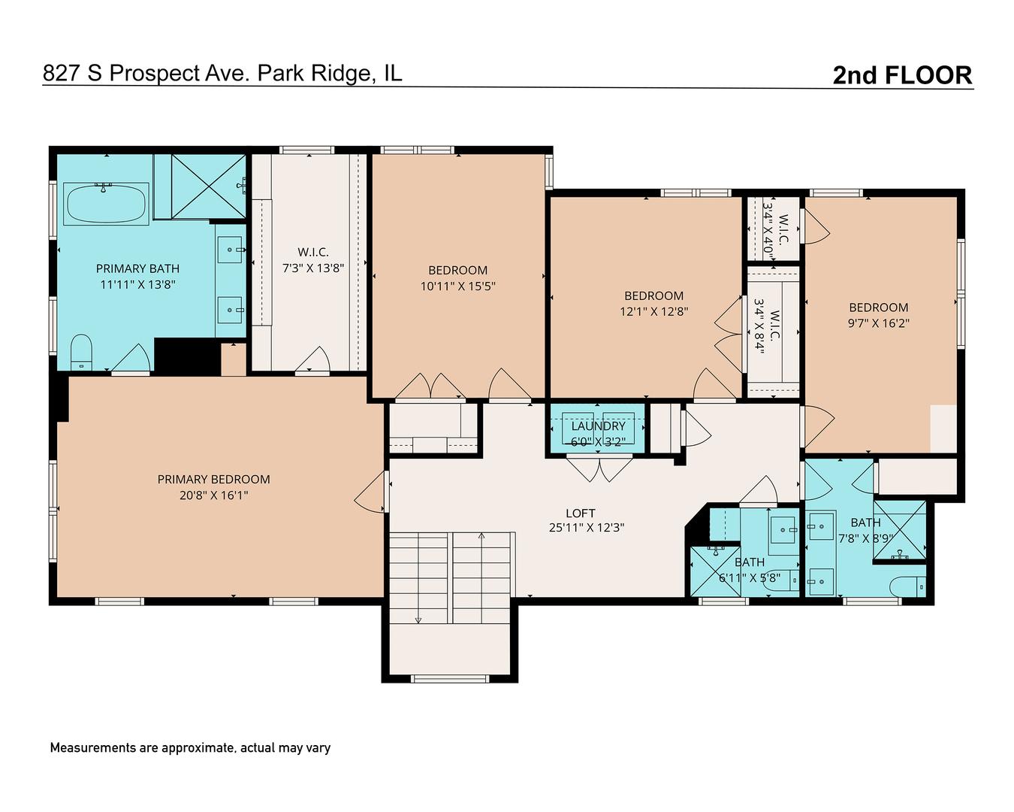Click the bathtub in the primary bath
(x=106, y=203)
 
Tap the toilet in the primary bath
(x=81, y=352)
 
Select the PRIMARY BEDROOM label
(x=213, y=480)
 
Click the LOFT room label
(x=580, y=513)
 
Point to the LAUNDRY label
(x=598, y=426)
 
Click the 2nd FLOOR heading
(x=902, y=75)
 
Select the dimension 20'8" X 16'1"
(x=213, y=495)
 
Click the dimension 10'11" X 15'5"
(x=457, y=286)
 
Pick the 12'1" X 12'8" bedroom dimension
(x=653, y=311)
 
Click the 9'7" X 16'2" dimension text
(x=878, y=323)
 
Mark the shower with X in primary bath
(x=208, y=186)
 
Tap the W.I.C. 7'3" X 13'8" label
(x=313, y=260)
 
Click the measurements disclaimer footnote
(x=190, y=748)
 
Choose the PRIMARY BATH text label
(x=137, y=268)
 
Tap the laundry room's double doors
(x=599, y=469)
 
